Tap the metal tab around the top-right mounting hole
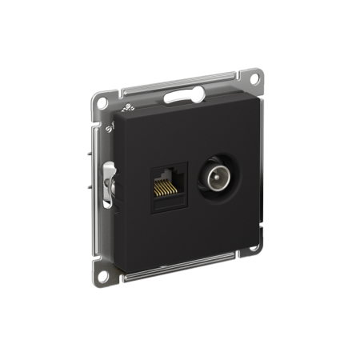(256, 81)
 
